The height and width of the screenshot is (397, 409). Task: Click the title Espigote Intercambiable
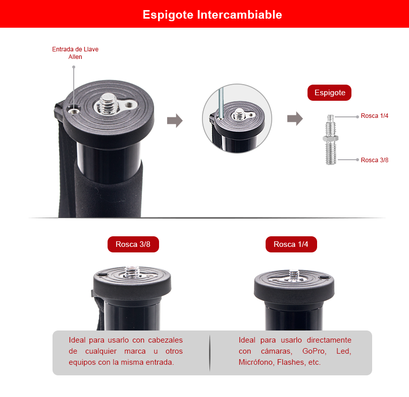coord(212,15)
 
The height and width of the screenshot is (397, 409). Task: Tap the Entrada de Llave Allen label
coord(75,53)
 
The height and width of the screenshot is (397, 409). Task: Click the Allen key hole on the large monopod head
coord(73,111)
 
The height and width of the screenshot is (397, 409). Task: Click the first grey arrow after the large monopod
coord(175,120)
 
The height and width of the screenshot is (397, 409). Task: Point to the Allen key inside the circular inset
coord(221,103)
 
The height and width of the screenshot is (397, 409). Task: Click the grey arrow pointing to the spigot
coord(295,119)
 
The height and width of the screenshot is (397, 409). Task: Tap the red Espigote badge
coord(329,93)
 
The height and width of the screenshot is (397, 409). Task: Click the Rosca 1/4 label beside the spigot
coord(375,116)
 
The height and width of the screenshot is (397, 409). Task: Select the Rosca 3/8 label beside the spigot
coord(375,160)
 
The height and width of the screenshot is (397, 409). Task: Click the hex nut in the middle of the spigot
coord(331,139)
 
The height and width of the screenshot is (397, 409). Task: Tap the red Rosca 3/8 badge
coord(133,244)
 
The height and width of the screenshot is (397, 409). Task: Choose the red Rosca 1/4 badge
coord(291,244)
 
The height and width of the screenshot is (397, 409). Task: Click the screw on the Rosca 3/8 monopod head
coord(132,272)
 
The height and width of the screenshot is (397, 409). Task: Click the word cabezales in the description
coord(166,340)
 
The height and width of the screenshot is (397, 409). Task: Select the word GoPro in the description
coord(314,351)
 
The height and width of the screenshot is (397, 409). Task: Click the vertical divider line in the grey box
coord(210,353)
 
